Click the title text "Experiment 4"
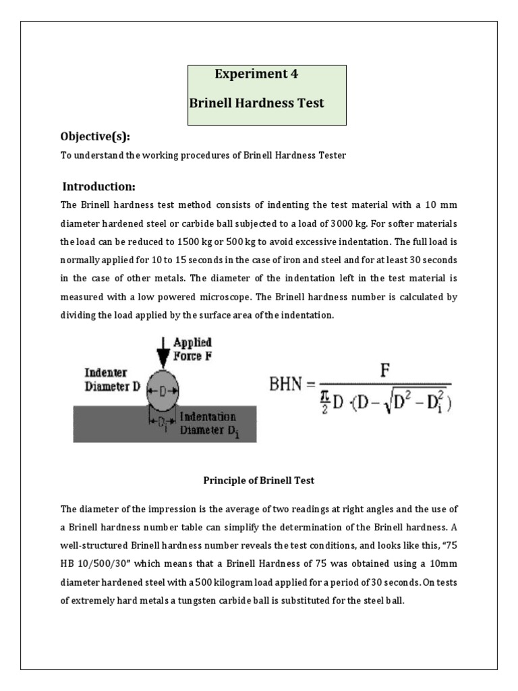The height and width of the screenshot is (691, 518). pyautogui.click(x=256, y=75)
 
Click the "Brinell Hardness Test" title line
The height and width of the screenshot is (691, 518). pyautogui.click(x=256, y=104)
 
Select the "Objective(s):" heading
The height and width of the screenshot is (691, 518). pyautogui.click(x=95, y=137)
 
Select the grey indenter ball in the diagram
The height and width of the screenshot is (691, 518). pyautogui.click(x=162, y=391)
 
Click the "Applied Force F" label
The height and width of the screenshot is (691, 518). pyautogui.click(x=192, y=349)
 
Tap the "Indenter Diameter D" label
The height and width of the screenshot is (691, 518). pyautogui.click(x=112, y=379)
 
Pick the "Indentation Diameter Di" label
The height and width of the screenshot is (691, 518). pyautogui.click(x=208, y=424)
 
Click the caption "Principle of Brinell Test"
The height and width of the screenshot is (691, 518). pyautogui.click(x=259, y=480)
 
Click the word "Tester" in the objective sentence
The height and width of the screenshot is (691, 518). pyautogui.click(x=331, y=155)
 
